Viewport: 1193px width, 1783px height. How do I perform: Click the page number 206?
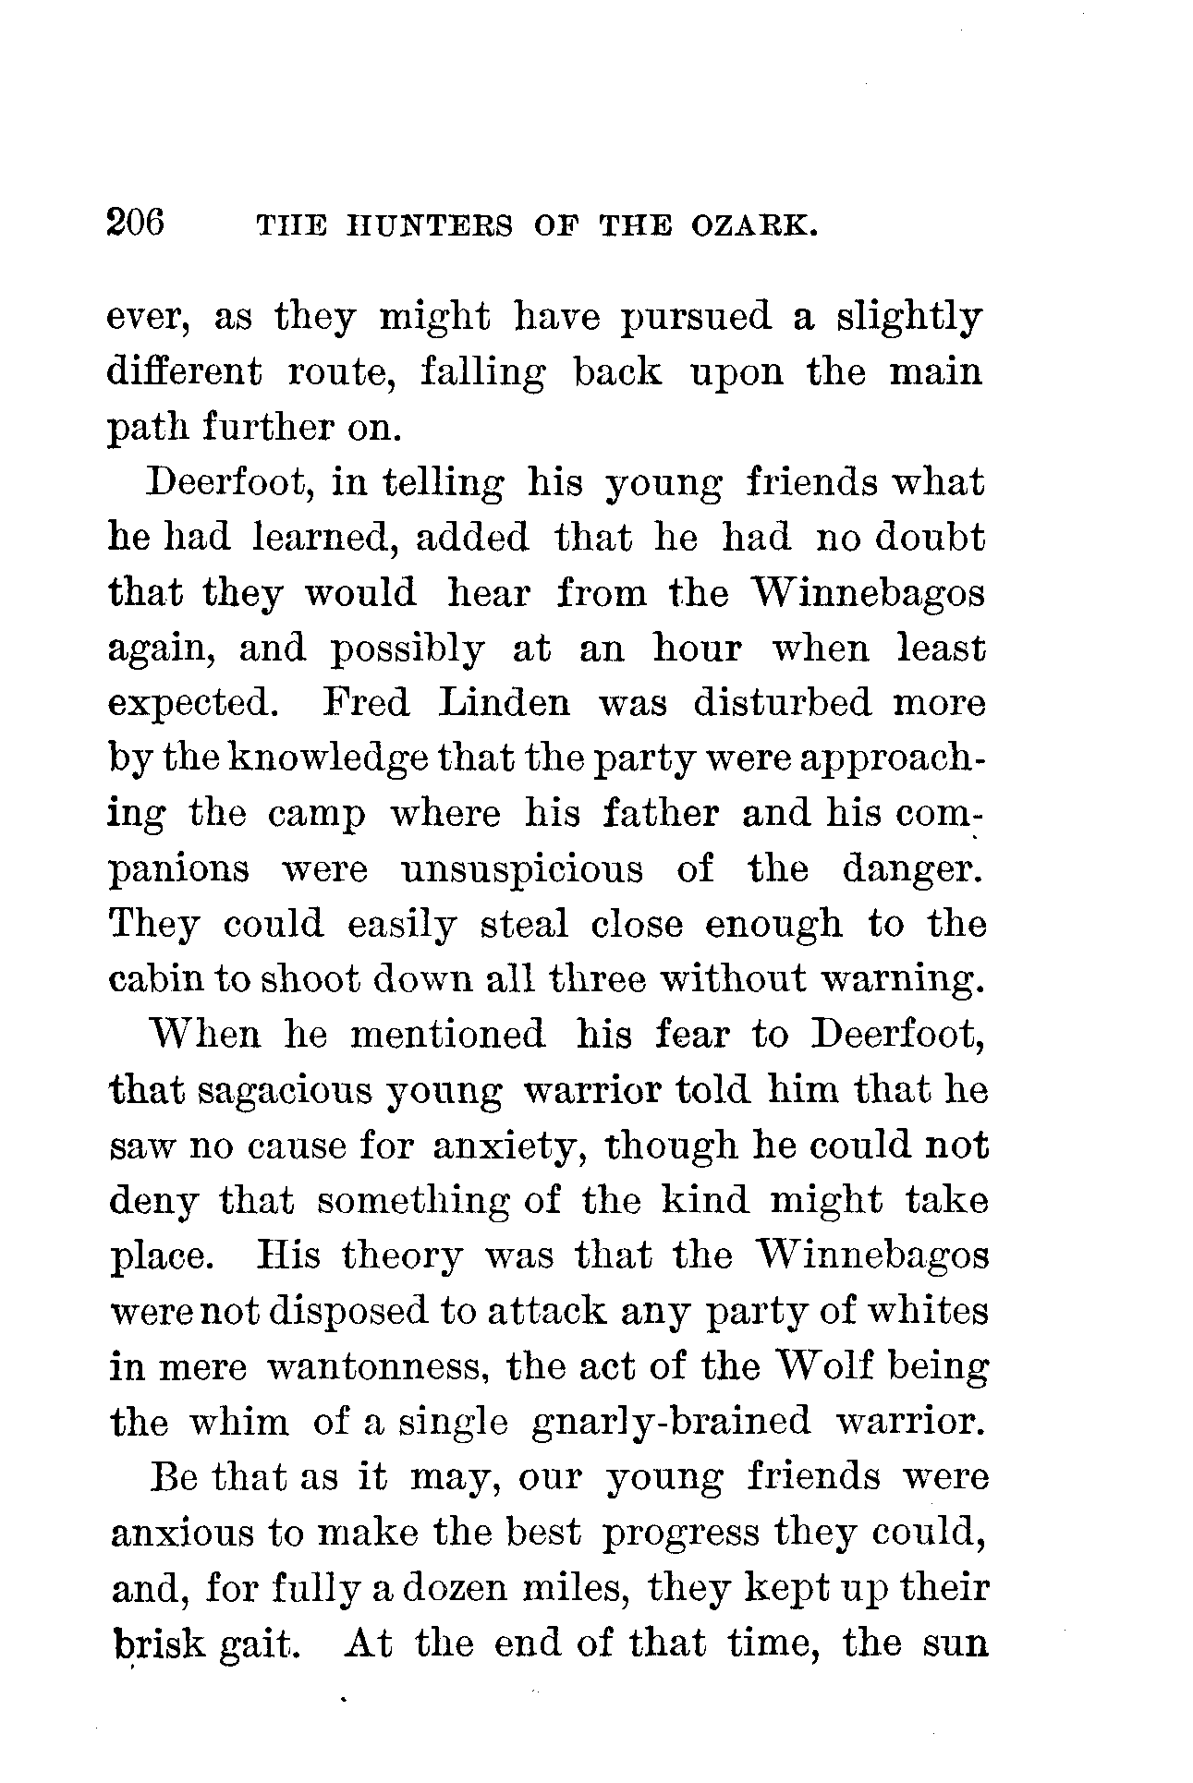pos(136,224)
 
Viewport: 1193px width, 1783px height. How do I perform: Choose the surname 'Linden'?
pos(505,704)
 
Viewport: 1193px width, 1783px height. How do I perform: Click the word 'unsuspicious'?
pos(522,870)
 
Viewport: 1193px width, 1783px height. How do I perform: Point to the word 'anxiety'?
pos(513,1146)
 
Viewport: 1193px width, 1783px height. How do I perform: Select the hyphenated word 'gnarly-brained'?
pos(672,1423)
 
